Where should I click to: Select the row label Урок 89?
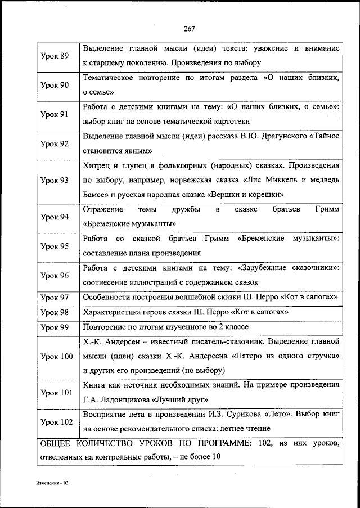tap(55, 56)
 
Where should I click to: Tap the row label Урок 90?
tap(55, 85)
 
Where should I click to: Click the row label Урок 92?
tap(55, 144)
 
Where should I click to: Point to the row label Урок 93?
tap(55, 181)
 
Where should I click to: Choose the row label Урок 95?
tap(55, 246)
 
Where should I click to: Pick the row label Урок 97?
tap(55, 297)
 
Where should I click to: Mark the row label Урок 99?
tap(55, 327)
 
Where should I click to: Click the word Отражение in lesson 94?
tap(103, 210)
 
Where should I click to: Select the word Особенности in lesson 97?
tap(107, 297)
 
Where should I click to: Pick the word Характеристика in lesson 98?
tap(112, 312)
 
